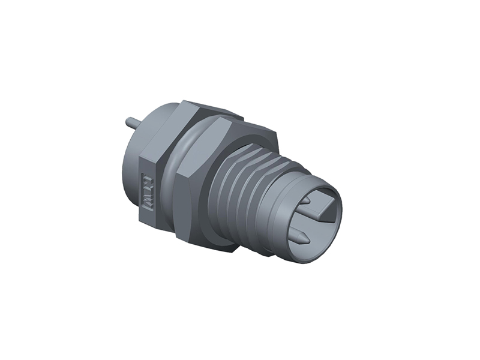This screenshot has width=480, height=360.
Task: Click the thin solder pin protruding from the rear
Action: (133, 122)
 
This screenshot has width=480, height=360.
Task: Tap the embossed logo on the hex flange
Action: (147, 193)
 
